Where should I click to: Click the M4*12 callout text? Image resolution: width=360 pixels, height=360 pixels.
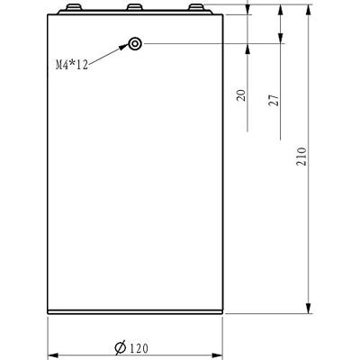pos(72,65)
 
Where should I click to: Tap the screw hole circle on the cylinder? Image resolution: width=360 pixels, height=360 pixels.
pos(135,44)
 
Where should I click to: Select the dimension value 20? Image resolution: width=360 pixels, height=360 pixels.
pos(241,95)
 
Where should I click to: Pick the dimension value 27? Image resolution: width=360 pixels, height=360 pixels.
pos(274,100)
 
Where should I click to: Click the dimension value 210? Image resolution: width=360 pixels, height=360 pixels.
pos(301,157)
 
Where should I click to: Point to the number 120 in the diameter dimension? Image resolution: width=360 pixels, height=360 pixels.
pos(139,348)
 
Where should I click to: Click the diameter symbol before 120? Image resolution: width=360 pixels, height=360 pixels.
pos(121,347)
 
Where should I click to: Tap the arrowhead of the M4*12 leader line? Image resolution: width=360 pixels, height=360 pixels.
pos(124,47)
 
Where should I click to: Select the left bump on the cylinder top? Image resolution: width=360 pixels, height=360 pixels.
pos(73,7)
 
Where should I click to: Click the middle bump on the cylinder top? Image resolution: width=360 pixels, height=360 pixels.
pos(135,7)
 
